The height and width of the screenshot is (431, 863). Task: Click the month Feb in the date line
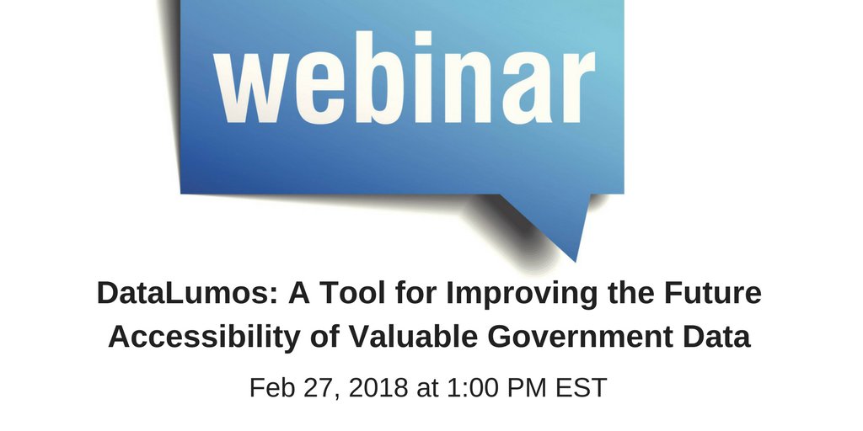[x=272, y=388]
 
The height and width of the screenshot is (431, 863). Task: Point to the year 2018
[x=375, y=388]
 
